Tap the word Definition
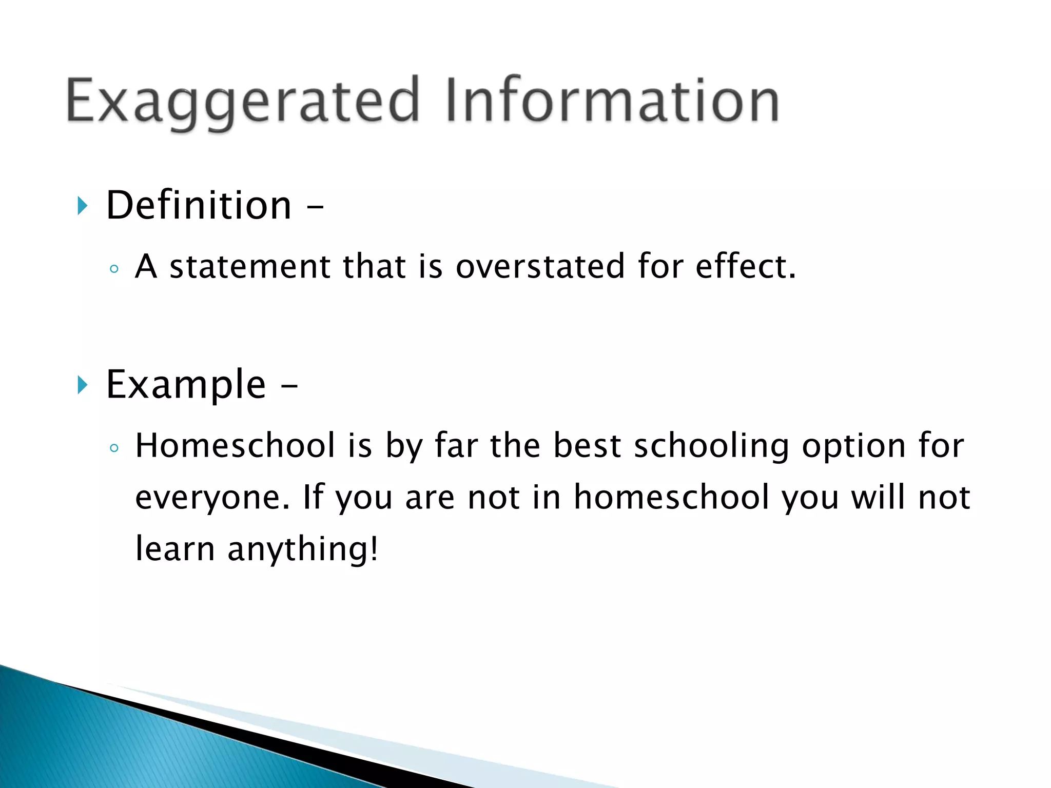(x=199, y=206)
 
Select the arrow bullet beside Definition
(x=82, y=206)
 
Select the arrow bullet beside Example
(x=82, y=385)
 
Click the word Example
(x=186, y=385)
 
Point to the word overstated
(x=540, y=267)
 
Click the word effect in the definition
(x=745, y=267)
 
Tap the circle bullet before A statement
(x=114, y=269)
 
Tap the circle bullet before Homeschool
(x=114, y=448)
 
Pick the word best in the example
(x=587, y=445)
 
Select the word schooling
(x=711, y=446)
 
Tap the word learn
(x=174, y=549)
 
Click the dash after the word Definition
(x=315, y=208)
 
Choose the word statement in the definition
(x=250, y=267)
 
